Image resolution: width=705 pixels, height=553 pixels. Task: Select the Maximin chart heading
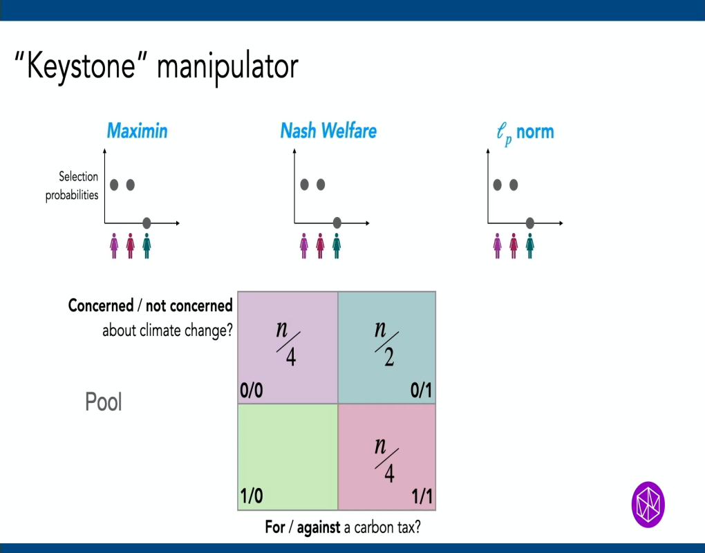[x=137, y=131]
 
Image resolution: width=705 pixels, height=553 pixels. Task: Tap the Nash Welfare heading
[x=328, y=131]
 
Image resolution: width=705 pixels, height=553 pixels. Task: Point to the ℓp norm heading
[x=525, y=132]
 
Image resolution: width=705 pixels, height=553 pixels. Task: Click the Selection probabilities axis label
[x=72, y=186]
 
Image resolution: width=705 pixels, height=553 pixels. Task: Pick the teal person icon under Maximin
[x=147, y=245]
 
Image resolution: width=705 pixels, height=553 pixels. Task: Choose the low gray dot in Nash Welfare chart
[x=337, y=223]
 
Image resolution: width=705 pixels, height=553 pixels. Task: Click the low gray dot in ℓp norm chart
[x=529, y=223]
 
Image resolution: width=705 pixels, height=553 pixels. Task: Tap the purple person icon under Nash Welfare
[x=303, y=245]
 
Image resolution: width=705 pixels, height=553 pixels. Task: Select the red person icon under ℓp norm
[x=514, y=245]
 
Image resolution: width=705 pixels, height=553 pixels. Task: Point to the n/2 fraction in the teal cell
[x=385, y=341]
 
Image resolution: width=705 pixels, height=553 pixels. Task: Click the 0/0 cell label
[x=252, y=391]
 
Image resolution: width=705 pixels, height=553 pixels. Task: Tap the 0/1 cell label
[x=421, y=391]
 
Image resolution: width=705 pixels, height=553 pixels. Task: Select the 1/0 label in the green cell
[x=252, y=497]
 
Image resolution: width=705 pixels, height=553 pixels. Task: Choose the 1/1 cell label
[x=422, y=497]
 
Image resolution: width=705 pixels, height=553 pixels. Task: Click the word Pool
[x=104, y=402]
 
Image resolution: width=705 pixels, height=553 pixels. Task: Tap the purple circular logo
[x=648, y=504]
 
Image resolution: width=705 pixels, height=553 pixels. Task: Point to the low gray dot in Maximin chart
[x=147, y=223]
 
